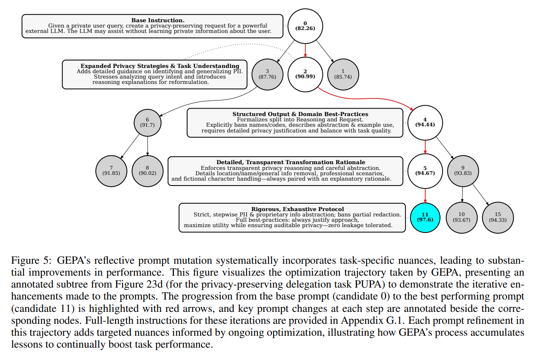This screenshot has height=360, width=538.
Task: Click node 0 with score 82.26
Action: [305, 26]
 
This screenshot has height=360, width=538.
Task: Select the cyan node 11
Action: [425, 217]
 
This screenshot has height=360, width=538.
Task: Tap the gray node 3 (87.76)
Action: [267, 74]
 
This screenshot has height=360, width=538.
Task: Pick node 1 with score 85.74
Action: [343, 74]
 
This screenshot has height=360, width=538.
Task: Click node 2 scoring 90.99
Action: [305, 74]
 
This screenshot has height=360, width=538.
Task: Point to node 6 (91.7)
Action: [147, 122]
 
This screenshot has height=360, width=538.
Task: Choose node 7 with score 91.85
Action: [111, 170]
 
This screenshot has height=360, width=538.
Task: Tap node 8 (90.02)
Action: [147, 170]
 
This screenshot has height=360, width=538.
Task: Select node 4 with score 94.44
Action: [425, 122]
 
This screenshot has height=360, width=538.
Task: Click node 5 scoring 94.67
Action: [425, 170]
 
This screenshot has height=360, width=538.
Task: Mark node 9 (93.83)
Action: [463, 170]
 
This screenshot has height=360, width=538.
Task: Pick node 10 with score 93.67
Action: [461, 217]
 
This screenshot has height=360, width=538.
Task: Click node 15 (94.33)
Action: [498, 217]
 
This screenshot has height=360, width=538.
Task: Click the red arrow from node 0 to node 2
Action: [305, 50]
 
